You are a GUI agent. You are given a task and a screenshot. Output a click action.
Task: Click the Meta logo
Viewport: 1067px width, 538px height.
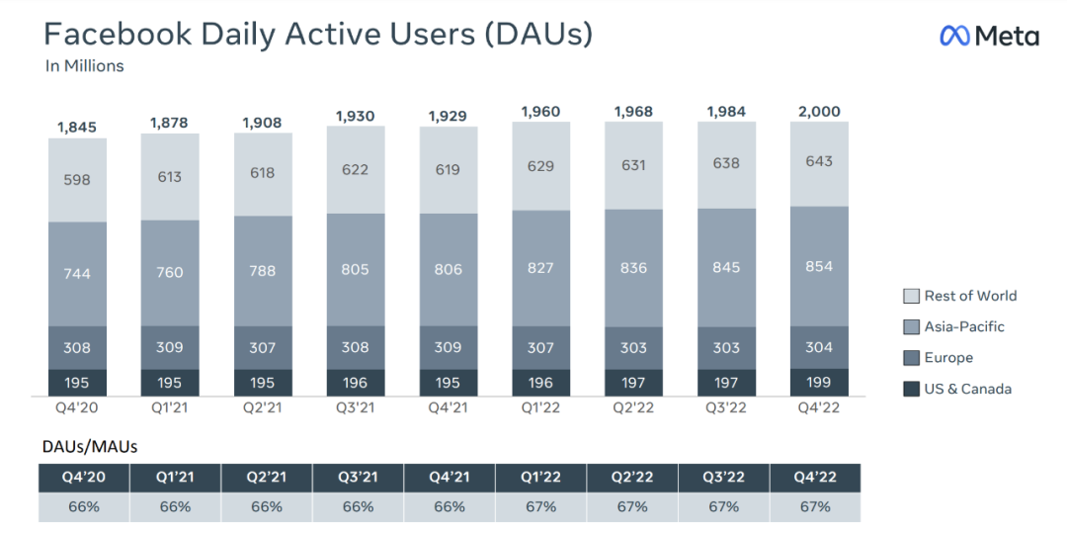point(989,37)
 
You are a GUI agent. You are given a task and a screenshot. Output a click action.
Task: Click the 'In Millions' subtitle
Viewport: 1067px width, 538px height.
point(84,66)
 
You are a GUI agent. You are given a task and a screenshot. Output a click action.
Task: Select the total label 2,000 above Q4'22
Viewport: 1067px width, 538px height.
point(819,112)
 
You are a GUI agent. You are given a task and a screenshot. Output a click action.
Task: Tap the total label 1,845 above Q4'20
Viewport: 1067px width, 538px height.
point(77,127)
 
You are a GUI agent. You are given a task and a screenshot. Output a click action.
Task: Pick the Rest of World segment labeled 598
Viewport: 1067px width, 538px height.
point(77,180)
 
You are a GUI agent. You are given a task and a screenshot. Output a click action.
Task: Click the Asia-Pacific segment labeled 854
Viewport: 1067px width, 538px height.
point(819,266)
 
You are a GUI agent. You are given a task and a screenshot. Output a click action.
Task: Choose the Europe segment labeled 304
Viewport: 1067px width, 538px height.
point(819,347)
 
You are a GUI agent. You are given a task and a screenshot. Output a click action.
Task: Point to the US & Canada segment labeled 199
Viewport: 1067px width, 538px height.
point(819,382)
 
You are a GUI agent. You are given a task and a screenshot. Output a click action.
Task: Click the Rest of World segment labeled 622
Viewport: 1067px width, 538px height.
point(356,170)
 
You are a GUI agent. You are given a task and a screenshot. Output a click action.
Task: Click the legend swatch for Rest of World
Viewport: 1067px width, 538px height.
point(911,296)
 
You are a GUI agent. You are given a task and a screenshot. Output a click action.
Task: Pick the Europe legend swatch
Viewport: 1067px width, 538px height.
point(911,358)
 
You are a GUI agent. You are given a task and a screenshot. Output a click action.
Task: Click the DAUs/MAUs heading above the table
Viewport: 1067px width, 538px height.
point(88,447)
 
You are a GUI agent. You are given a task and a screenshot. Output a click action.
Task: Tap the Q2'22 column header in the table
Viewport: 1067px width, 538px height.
point(632,477)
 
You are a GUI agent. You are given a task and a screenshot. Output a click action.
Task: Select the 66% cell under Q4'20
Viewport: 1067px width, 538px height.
point(84,507)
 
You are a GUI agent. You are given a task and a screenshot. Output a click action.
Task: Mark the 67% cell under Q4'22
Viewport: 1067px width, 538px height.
point(815,507)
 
